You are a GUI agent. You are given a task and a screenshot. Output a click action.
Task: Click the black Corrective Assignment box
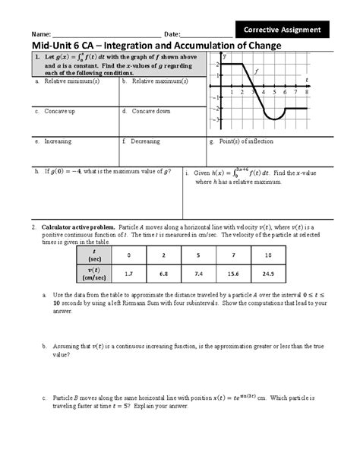tap(283, 30)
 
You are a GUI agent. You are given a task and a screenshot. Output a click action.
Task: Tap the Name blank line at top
tap(106, 35)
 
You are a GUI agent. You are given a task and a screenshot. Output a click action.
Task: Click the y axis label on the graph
tap(225, 57)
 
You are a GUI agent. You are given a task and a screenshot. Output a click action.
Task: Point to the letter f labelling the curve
tap(256, 71)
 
